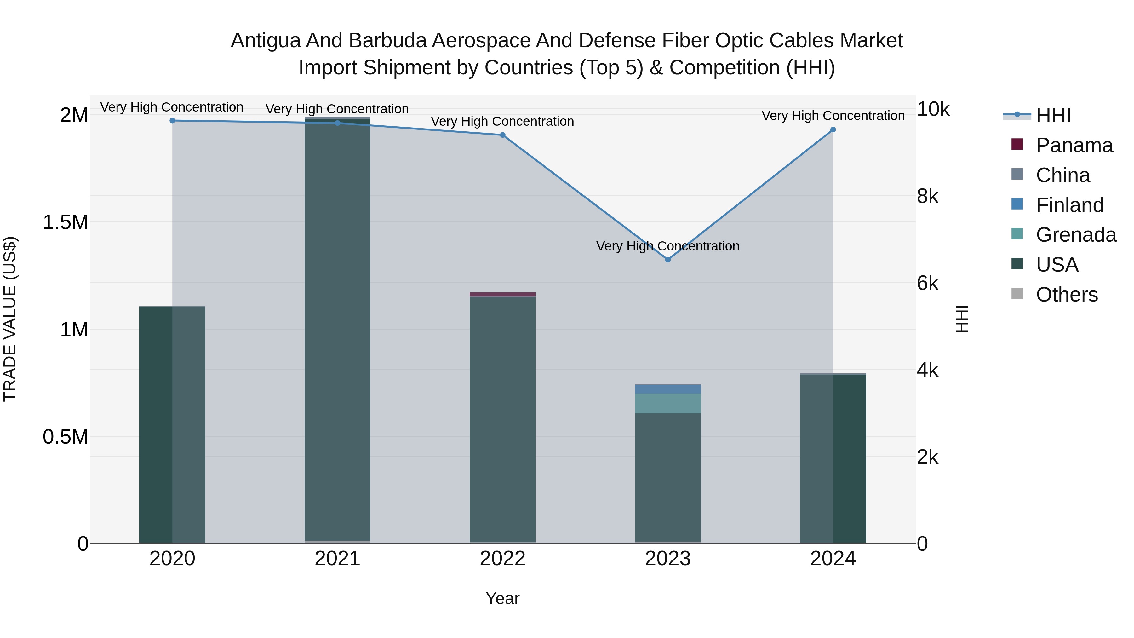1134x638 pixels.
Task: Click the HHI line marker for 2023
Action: click(667, 260)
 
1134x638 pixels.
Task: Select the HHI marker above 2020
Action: click(173, 121)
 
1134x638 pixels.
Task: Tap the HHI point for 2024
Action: click(833, 130)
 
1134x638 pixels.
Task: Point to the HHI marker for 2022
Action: click(503, 135)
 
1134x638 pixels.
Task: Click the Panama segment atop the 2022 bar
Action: click(503, 295)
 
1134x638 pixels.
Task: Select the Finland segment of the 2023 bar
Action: click(667, 389)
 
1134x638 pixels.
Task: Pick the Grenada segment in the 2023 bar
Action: click(667, 403)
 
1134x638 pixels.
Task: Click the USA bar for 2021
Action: click(338, 330)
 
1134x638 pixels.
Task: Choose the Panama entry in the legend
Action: click(1074, 145)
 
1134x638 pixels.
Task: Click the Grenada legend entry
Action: click(1076, 235)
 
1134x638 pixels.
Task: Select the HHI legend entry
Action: click(1053, 115)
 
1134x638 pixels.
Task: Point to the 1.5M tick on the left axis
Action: click(66, 222)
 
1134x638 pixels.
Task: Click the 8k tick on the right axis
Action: click(928, 196)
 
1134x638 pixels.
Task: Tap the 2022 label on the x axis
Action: click(503, 559)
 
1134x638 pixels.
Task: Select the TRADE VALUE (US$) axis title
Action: click(10, 319)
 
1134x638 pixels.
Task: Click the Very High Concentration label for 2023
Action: click(667, 246)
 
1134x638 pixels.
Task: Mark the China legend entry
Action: click(1063, 175)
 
